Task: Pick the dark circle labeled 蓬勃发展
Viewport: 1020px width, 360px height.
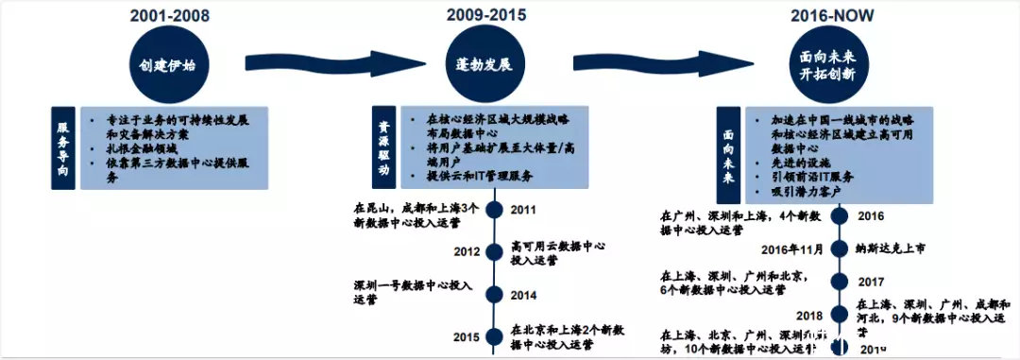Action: [484, 65]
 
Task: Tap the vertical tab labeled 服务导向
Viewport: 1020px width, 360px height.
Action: [63, 147]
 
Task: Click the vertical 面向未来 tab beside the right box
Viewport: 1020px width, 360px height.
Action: [727, 147]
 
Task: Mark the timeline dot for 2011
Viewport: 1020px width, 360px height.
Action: [492, 209]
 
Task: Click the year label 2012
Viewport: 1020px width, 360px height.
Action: [465, 251]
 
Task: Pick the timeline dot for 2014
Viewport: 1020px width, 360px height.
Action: [492, 294]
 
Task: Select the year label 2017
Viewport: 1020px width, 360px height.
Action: [871, 282]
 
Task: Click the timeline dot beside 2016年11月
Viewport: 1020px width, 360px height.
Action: [838, 249]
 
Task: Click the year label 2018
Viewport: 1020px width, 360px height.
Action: [808, 315]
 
